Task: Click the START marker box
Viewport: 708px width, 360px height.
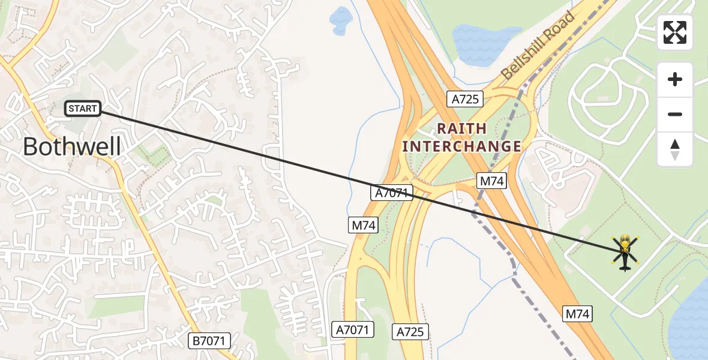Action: pos(82,109)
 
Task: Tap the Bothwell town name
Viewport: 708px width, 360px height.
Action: pos(72,147)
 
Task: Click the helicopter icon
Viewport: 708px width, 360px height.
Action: pos(625,252)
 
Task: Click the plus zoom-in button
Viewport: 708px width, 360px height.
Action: pos(675,79)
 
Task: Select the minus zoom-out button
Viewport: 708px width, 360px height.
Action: pos(675,114)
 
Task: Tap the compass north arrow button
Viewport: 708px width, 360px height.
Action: pos(675,149)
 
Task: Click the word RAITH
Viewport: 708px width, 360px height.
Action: pos(461,128)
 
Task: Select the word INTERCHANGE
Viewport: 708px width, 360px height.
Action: pos(461,146)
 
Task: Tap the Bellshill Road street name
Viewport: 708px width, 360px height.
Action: pos(538,46)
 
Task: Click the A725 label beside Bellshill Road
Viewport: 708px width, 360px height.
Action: pos(465,99)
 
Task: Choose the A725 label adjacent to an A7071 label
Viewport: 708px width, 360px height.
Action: pos(411,331)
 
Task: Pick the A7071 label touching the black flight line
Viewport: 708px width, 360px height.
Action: pos(392,193)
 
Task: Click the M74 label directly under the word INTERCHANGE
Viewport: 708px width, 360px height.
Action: pos(492,180)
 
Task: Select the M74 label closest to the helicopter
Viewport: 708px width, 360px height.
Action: pos(578,313)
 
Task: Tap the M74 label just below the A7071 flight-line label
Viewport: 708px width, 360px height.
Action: pos(363,226)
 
